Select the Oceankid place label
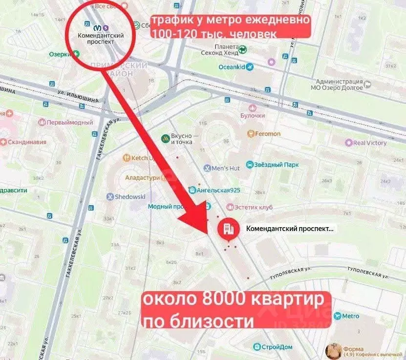(232, 67)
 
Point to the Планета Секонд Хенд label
(221, 51)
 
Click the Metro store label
(350, 316)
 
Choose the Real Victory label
(370, 143)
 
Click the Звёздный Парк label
(278, 165)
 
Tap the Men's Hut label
(225, 169)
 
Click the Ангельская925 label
(218, 190)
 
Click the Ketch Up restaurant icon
(126, 158)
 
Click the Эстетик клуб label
(253, 208)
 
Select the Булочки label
(252, 115)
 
